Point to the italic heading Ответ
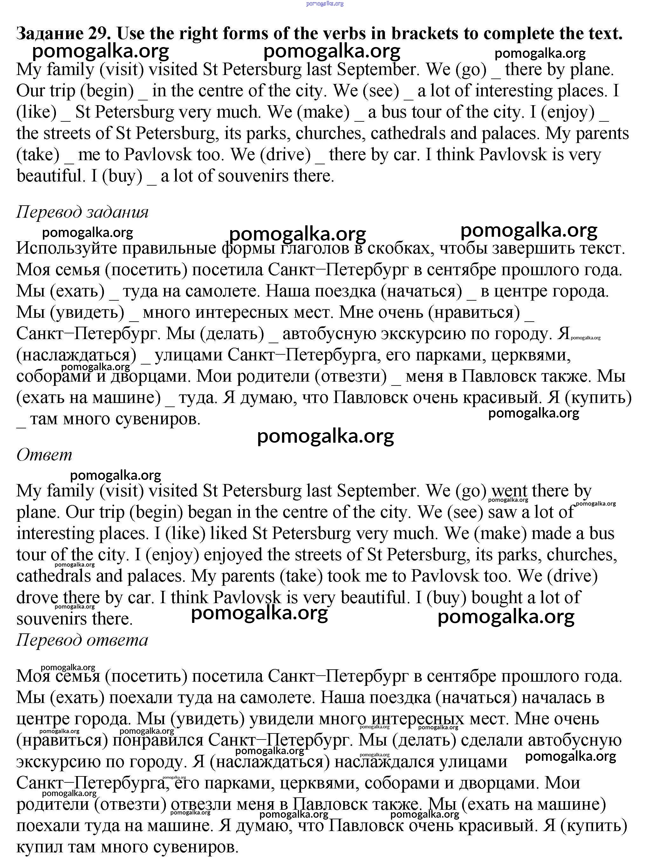click(44, 454)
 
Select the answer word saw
click(500, 512)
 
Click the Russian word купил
click(39, 847)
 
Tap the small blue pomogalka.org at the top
click(325, 3)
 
